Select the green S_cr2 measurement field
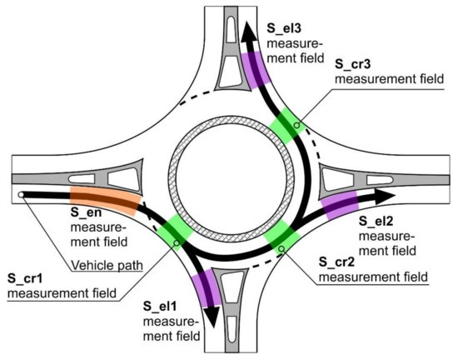click(279, 235)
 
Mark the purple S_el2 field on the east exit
click(341, 205)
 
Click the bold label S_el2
click(375, 221)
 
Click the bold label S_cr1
click(24, 277)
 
